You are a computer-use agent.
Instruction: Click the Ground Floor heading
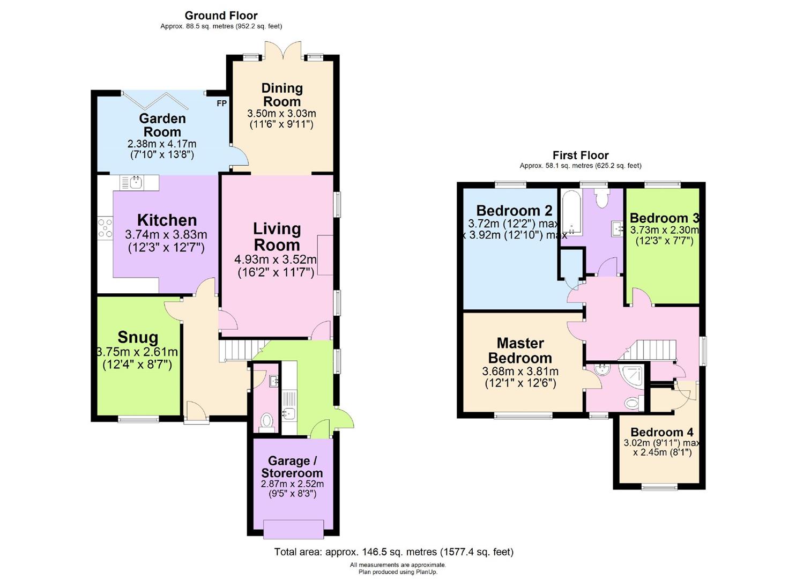pos(221,16)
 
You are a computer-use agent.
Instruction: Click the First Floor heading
pos(580,155)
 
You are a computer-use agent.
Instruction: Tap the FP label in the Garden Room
pos(221,103)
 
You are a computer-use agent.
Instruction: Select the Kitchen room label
pos(167,220)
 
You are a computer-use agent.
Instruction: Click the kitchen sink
pos(136,183)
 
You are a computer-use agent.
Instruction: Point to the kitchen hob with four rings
pos(105,228)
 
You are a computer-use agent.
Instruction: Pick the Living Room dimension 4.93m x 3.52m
pos(276,259)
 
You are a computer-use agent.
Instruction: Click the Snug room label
pos(138,337)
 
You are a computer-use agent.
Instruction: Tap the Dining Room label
pos(282,95)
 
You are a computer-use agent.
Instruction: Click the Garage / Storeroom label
pos(292,467)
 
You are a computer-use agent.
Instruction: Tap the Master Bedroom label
pos(520,351)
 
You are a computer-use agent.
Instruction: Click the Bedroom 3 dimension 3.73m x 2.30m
pos(664,230)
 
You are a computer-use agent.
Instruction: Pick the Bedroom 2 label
pos(514,210)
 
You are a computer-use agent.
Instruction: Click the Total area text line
pos(393,552)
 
